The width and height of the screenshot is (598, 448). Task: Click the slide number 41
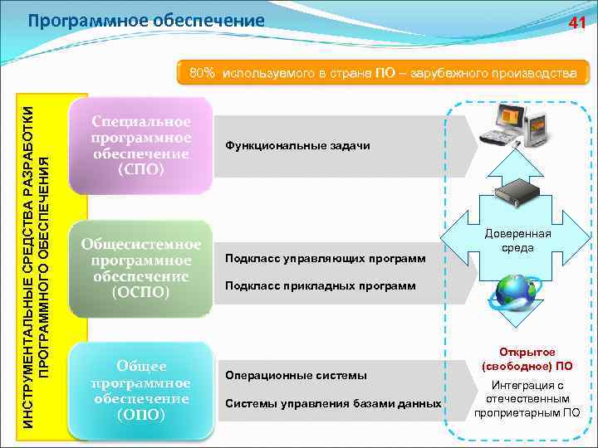[577, 24]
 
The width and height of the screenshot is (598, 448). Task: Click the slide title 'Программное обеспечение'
[146, 20]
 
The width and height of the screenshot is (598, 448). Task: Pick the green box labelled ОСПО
[141, 268]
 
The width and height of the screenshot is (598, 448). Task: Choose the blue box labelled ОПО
[141, 390]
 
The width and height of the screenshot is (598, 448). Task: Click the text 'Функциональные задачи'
[297, 146]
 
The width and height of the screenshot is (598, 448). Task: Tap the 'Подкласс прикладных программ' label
[321, 286]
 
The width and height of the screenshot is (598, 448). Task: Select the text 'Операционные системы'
[296, 376]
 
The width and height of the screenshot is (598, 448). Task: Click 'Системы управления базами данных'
[333, 404]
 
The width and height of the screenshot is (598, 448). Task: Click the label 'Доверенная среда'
[523, 241]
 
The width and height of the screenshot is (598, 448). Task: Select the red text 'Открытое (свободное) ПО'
[527, 358]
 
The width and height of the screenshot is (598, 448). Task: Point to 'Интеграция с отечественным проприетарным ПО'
[527, 399]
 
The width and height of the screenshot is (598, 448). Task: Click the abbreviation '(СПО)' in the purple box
[141, 169]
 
